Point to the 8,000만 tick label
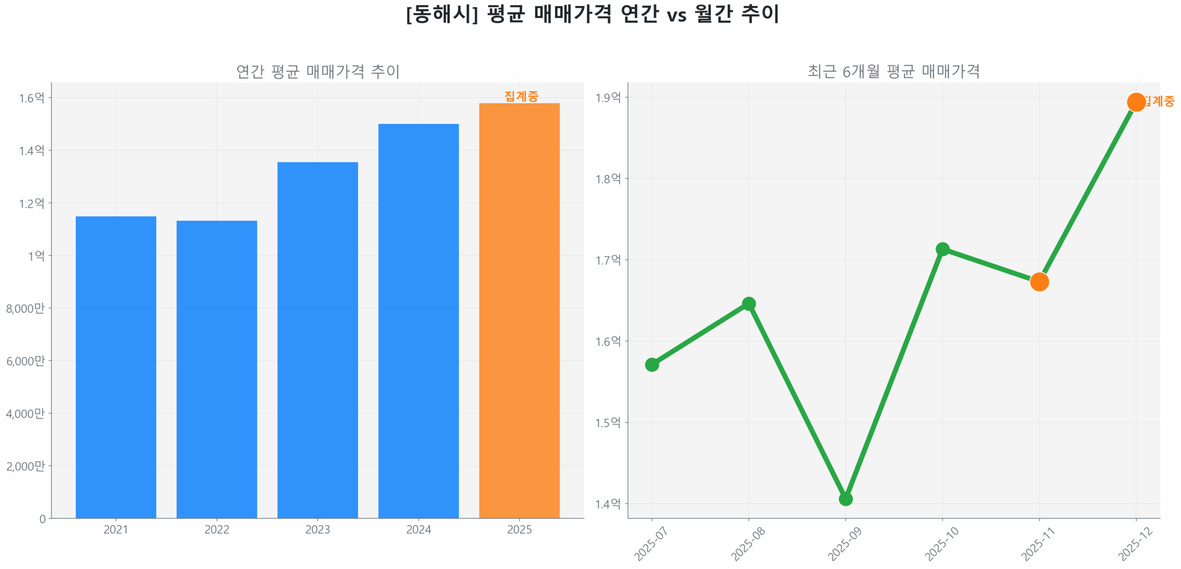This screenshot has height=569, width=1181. pos(25,308)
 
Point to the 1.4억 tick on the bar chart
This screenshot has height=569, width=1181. pos(31,150)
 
